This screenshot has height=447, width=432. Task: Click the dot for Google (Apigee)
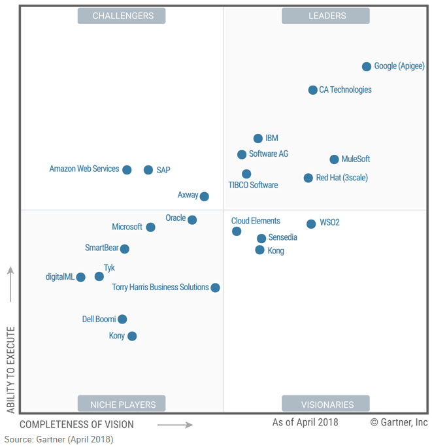click(x=367, y=67)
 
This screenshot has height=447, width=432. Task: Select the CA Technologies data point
click(x=313, y=90)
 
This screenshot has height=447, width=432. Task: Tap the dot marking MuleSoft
click(x=334, y=159)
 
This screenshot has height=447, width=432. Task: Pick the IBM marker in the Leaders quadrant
click(x=258, y=139)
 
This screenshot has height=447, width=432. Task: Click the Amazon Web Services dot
click(x=127, y=170)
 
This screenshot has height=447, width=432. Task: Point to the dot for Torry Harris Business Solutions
click(x=215, y=288)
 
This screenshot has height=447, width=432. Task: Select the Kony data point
click(x=132, y=337)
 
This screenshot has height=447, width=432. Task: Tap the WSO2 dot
click(x=311, y=224)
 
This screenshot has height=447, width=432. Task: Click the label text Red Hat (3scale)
click(x=342, y=178)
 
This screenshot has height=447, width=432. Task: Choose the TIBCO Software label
click(x=253, y=185)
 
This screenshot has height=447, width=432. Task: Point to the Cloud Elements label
click(x=256, y=221)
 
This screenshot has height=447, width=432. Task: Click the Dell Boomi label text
click(x=99, y=320)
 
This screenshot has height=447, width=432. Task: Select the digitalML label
click(x=60, y=277)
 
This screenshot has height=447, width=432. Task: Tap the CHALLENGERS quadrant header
click(x=122, y=16)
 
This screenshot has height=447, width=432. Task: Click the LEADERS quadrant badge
click(x=325, y=16)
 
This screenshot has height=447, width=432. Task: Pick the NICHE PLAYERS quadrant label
click(x=122, y=404)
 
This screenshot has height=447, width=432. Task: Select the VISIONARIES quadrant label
click(x=325, y=404)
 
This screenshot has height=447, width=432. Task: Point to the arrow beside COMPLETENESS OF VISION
click(x=174, y=425)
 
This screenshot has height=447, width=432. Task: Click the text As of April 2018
click(x=305, y=422)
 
